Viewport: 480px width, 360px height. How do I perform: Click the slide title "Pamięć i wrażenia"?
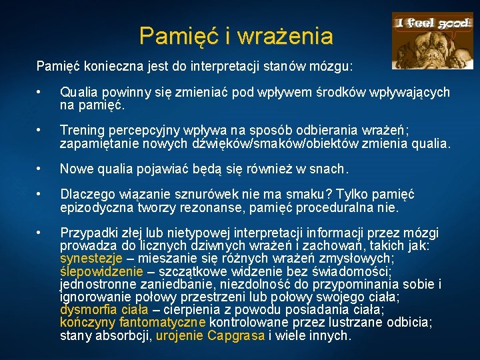pos(236,36)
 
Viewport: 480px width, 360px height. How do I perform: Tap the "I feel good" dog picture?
pos(432,41)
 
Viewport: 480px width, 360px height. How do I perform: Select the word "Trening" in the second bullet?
pos(81,129)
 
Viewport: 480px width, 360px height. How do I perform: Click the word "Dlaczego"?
pos(86,195)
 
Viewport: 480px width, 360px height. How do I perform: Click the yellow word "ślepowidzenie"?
pos(101,271)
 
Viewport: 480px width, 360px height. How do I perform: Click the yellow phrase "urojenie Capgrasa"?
pos(210,335)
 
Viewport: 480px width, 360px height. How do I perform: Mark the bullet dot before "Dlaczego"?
pos(41,195)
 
